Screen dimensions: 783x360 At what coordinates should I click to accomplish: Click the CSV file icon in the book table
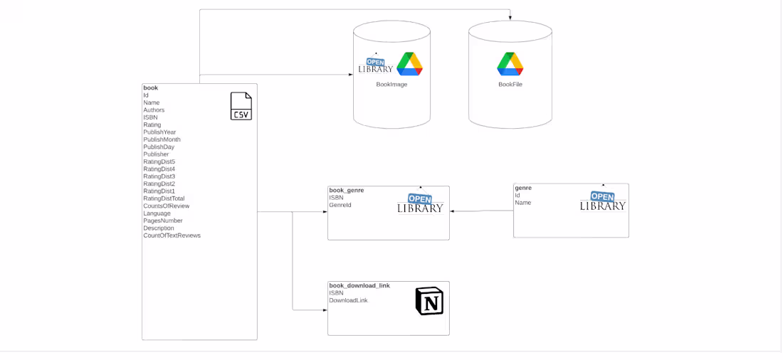click(x=241, y=106)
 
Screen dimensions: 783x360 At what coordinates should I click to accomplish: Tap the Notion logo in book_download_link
click(x=429, y=301)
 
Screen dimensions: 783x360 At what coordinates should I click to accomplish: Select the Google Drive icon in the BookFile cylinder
click(x=510, y=64)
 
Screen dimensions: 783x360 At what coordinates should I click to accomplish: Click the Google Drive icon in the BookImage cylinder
click(x=409, y=64)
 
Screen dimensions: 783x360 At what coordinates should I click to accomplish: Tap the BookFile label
click(x=510, y=85)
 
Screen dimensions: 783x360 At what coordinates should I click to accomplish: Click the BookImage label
click(x=391, y=85)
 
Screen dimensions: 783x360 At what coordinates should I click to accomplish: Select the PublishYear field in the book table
click(x=159, y=132)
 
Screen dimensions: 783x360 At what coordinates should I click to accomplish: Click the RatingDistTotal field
click(x=164, y=198)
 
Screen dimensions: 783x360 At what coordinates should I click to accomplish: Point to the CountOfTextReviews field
click(x=172, y=235)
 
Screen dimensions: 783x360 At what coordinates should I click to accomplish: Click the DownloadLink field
click(x=348, y=300)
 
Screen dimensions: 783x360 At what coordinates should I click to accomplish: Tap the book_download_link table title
click(x=359, y=285)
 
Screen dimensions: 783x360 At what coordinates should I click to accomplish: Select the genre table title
click(x=523, y=189)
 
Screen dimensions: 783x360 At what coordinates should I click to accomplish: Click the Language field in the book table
click(x=157, y=213)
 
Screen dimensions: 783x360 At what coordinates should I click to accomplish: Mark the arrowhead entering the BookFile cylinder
click(x=510, y=18)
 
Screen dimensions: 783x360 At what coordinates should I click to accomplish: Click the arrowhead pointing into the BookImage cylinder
click(x=350, y=75)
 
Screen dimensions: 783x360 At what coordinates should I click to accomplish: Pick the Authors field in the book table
click(x=154, y=110)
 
